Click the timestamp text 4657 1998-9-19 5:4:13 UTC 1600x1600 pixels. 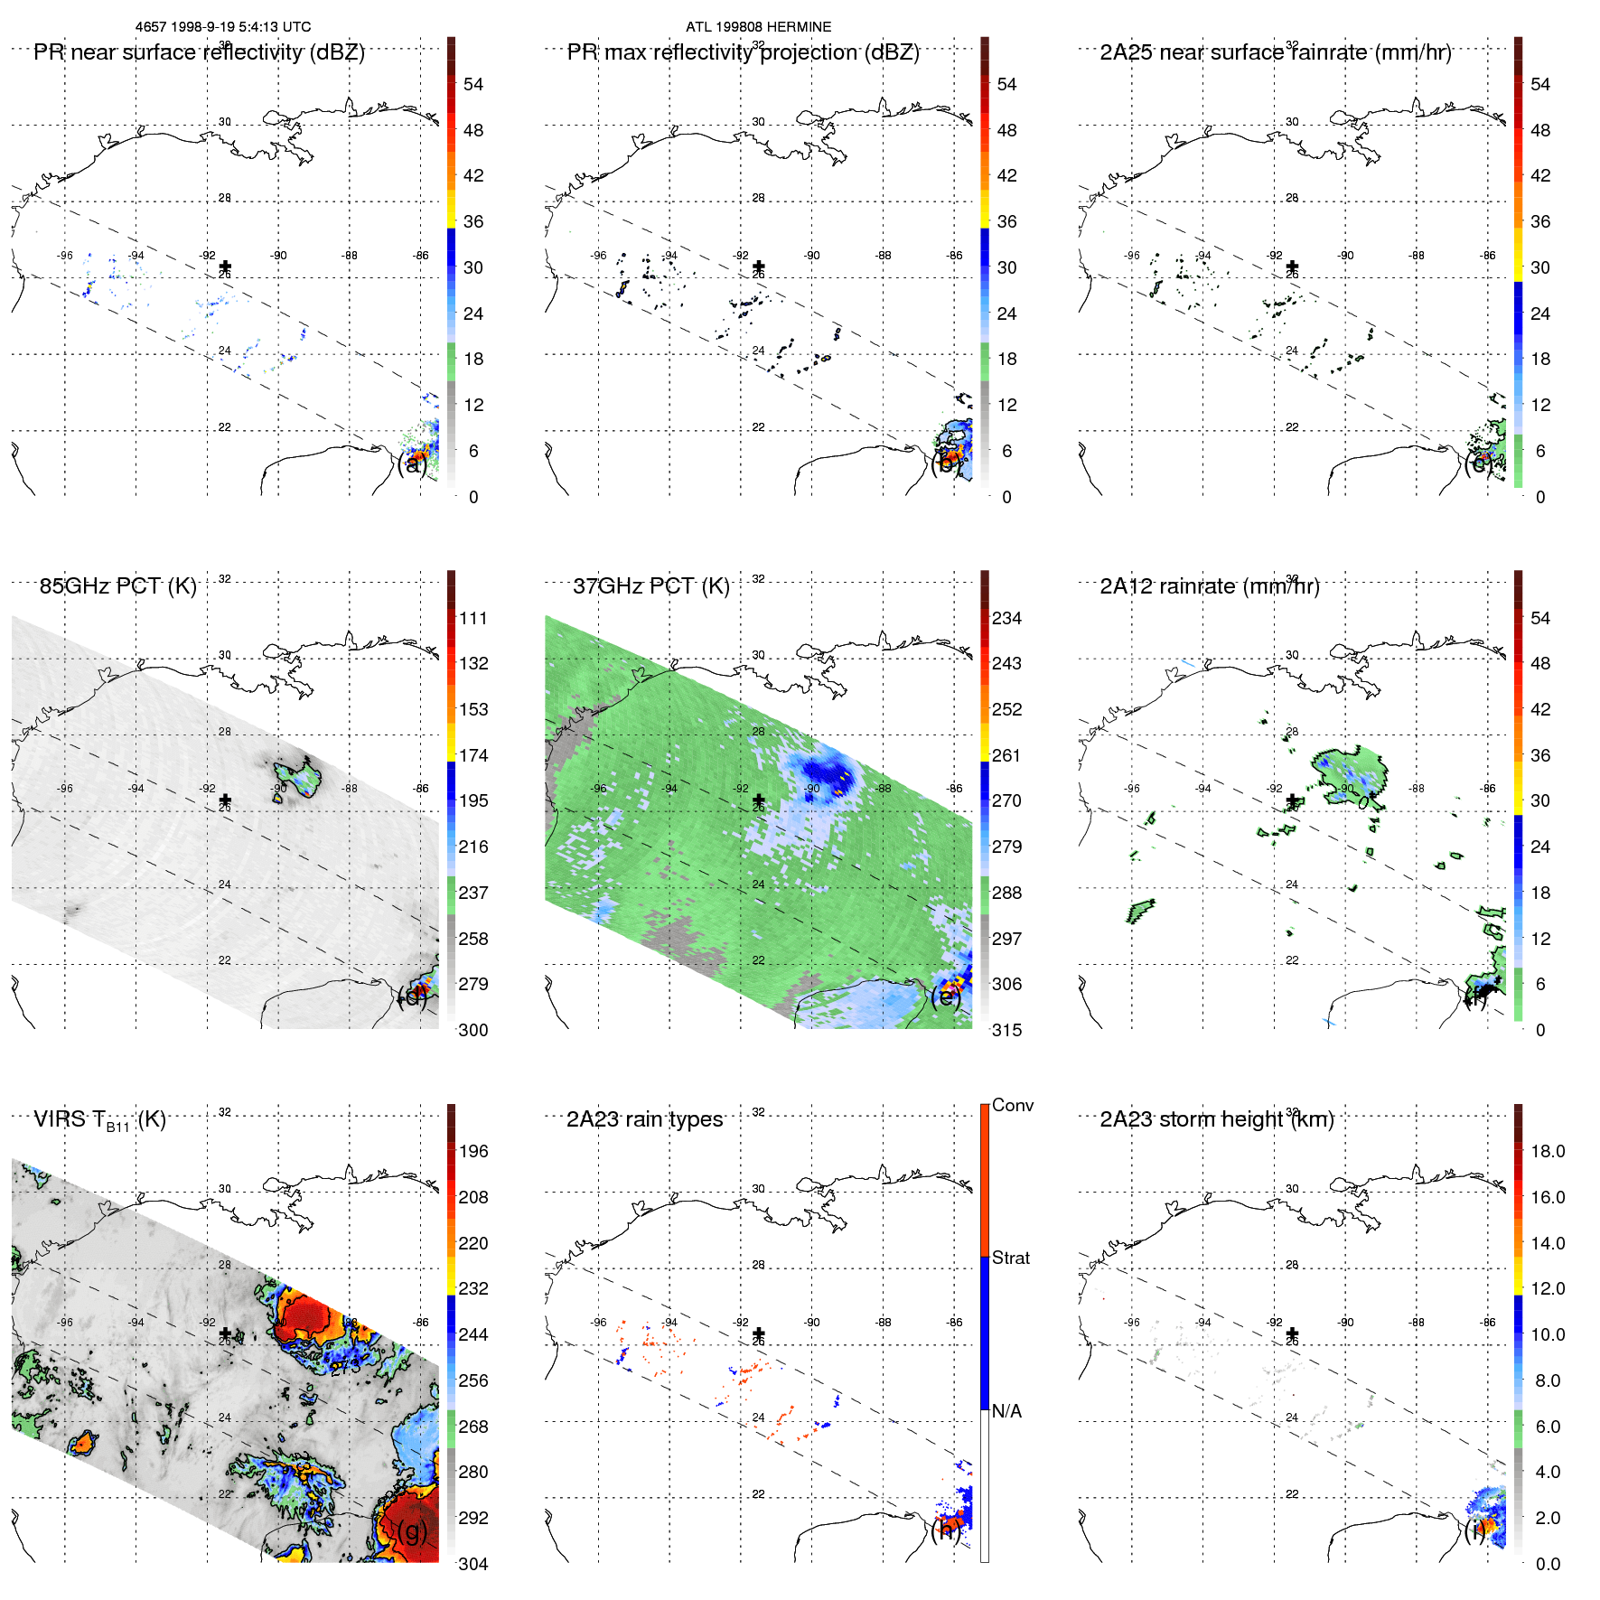222,27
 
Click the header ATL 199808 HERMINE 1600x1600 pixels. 758,27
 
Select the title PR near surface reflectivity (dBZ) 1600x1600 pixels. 199,52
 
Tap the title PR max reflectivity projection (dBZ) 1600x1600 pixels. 743,52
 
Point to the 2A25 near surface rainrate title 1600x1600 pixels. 1275,52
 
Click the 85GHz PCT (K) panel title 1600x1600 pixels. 117,586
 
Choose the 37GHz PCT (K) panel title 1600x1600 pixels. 650,586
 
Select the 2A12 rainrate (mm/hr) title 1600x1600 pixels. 1209,586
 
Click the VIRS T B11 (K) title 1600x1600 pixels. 99,1120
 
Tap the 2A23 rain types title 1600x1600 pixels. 644,1120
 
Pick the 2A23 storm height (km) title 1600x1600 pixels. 1216,1120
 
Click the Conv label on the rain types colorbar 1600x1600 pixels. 1012,1106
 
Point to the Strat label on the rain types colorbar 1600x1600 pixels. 1010,1258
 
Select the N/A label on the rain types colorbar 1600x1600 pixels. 1006,1411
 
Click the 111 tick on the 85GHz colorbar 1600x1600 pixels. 473,619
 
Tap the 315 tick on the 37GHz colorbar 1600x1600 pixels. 1006,1031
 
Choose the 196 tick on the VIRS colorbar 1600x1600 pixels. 473,1152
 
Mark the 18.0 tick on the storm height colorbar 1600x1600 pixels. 1548,1152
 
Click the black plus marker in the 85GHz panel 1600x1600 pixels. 225,800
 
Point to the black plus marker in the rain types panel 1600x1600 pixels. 759,1333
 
